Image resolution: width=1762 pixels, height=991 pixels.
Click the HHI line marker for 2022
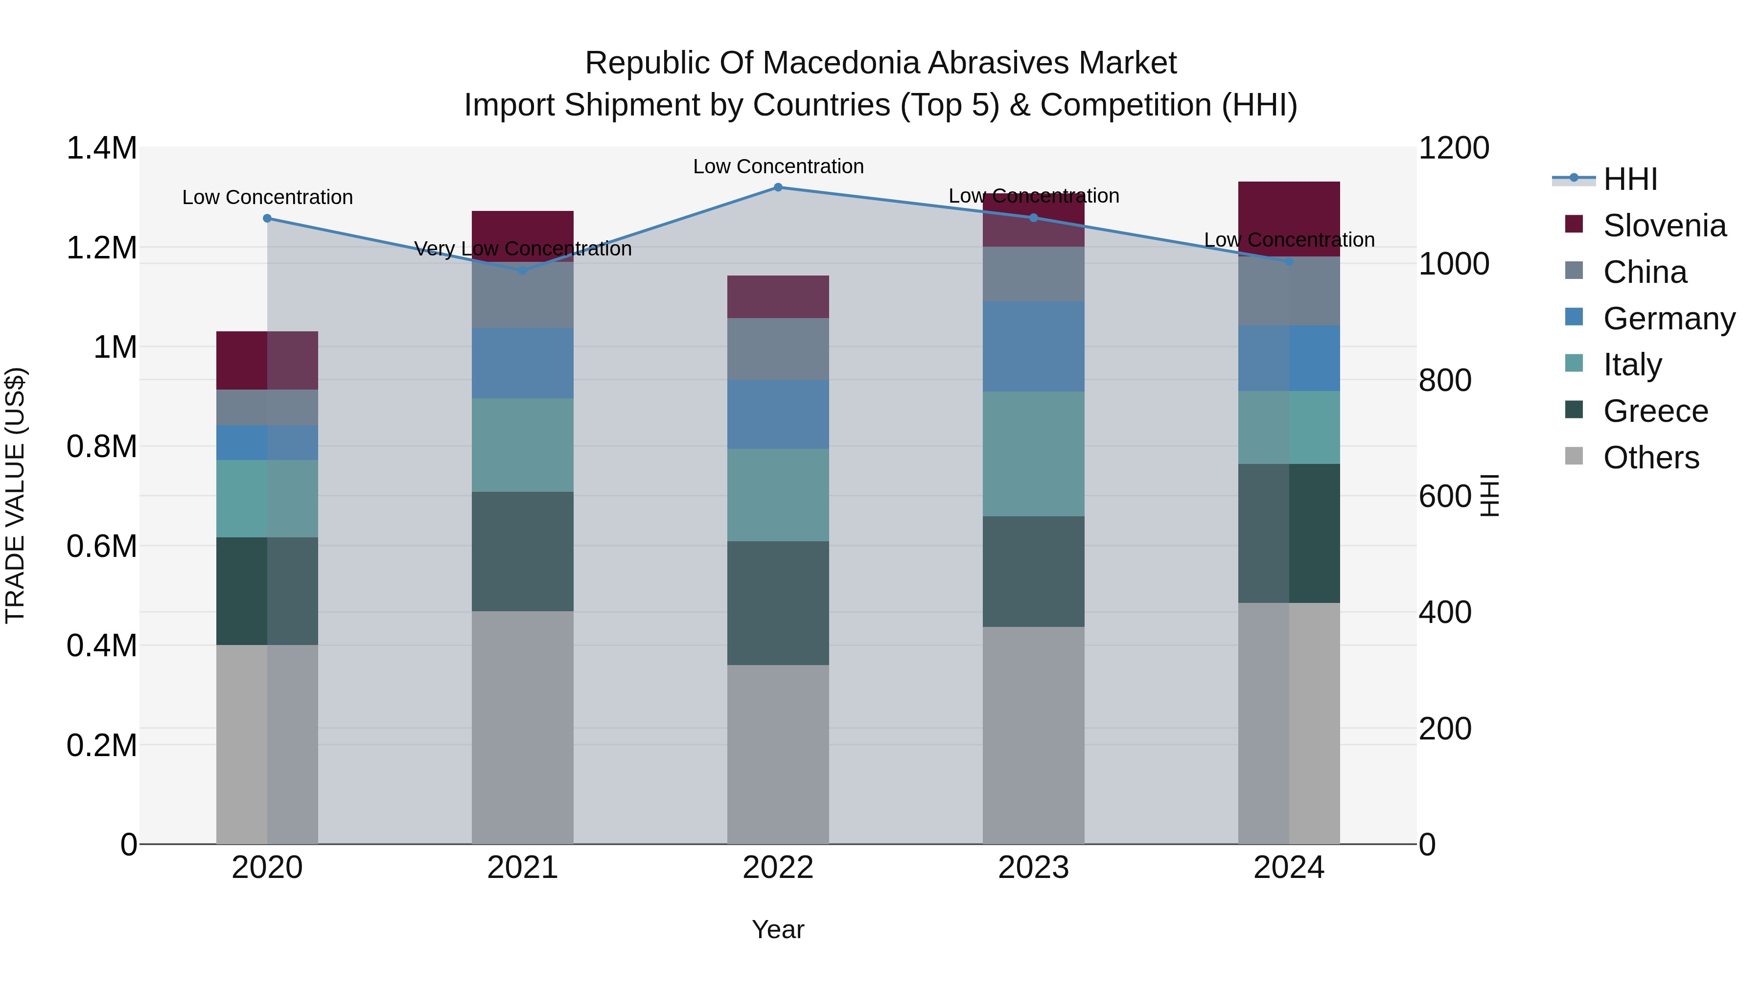(778, 187)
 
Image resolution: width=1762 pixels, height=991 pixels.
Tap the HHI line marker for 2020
(267, 218)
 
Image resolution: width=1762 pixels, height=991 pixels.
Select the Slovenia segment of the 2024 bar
(1289, 219)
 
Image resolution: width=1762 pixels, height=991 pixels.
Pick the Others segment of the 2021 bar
(523, 727)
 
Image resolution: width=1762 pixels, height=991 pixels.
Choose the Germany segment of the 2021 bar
(523, 363)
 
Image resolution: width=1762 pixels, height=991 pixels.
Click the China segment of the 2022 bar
(778, 349)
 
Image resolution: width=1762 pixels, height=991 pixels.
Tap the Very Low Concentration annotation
(523, 249)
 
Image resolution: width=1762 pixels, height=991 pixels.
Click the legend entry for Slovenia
(1664, 226)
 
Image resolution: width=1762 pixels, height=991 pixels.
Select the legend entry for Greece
(1655, 411)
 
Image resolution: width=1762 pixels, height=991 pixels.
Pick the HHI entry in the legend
(1629, 179)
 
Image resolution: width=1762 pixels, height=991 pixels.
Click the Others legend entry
(1650, 458)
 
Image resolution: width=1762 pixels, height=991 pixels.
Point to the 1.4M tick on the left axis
(101, 148)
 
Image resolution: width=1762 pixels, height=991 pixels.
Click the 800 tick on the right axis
(1445, 380)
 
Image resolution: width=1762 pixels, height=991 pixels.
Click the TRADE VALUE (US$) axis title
(15, 495)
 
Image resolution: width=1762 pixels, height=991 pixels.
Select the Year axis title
(778, 929)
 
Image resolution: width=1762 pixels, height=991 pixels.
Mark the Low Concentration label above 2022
(778, 166)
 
